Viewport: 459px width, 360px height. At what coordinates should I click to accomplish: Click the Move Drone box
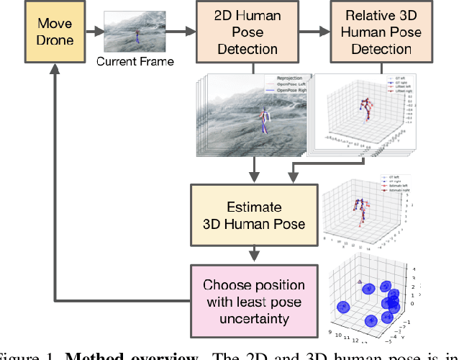[55, 31]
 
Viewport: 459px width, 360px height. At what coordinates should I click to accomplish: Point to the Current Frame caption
[135, 61]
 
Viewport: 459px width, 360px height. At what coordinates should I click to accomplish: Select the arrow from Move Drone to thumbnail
[94, 32]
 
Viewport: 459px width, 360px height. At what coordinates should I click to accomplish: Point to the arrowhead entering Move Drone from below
[55, 68]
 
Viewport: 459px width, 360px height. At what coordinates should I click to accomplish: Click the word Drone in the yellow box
[55, 40]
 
